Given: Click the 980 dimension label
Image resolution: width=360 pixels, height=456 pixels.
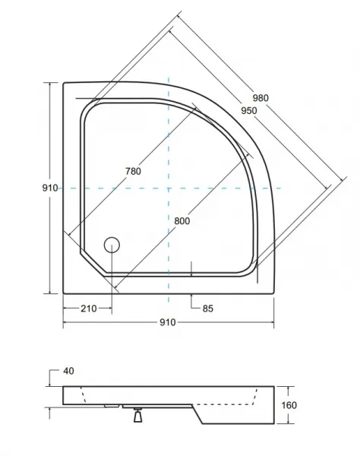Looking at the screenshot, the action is [x=261, y=98].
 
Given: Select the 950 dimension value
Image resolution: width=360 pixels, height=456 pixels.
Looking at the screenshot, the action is [x=249, y=110].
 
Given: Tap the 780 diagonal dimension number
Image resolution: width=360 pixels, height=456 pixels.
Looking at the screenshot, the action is [x=134, y=171].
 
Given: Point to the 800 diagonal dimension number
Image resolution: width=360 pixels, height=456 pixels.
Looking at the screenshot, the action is [x=182, y=221].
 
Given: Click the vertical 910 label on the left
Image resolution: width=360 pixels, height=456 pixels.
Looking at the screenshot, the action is [x=50, y=188].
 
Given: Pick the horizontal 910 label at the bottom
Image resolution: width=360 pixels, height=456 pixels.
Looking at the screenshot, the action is [x=168, y=322].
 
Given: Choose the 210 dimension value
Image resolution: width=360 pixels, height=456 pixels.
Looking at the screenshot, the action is [x=89, y=309].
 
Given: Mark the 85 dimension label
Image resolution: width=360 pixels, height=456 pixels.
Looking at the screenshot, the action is [x=208, y=309].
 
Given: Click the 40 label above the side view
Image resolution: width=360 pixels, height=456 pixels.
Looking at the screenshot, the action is [x=68, y=371].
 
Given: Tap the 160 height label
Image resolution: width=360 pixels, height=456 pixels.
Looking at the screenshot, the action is [x=289, y=405].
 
